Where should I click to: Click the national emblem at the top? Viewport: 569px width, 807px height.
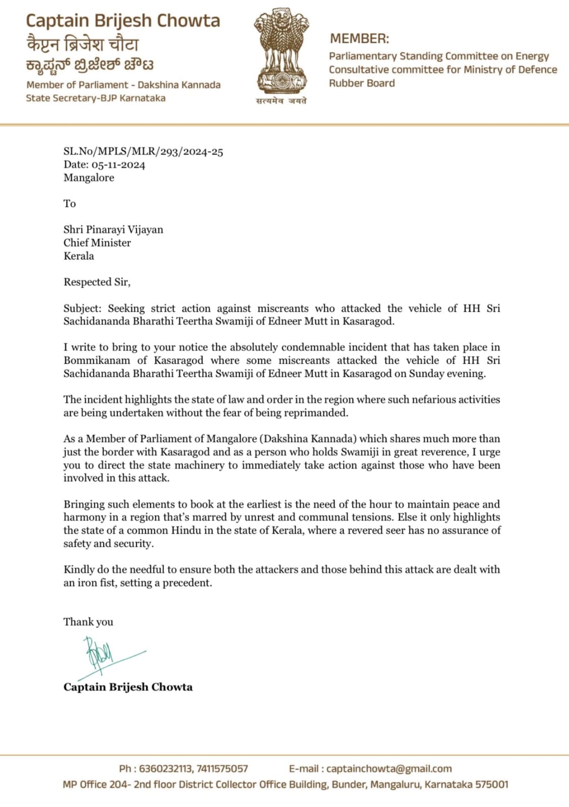click(281, 50)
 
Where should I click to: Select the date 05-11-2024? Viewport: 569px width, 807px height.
click(118, 165)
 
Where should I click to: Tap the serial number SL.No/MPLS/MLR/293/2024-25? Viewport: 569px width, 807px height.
click(143, 152)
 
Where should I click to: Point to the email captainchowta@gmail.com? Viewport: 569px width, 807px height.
click(389, 769)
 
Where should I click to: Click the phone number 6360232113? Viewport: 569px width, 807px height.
click(165, 769)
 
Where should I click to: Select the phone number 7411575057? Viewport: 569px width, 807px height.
click(222, 769)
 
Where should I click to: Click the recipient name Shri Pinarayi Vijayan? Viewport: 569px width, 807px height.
click(113, 230)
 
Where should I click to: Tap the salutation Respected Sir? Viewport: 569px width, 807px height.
click(97, 282)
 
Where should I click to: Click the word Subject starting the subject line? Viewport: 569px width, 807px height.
click(82, 308)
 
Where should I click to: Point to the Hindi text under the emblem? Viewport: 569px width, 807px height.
click(281, 101)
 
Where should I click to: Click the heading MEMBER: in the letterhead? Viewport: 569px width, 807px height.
click(360, 38)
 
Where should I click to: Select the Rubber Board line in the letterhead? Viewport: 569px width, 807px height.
click(362, 83)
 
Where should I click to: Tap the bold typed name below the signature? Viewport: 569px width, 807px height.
click(128, 687)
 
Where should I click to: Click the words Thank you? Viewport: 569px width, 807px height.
click(88, 622)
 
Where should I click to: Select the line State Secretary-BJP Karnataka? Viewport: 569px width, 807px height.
click(96, 98)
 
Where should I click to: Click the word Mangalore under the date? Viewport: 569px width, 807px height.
click(89, 178)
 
